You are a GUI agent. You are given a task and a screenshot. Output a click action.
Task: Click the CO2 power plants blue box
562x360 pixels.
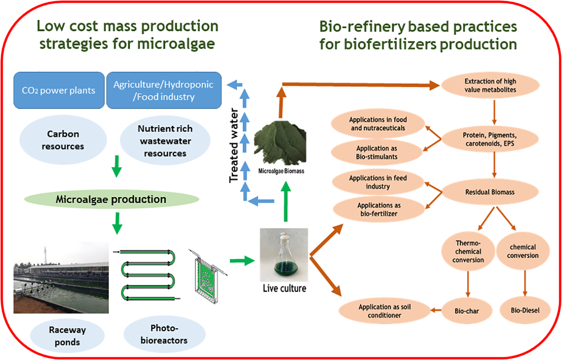(59, 90)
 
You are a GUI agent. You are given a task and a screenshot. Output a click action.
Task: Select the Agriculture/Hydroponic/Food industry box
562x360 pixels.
(164, 90)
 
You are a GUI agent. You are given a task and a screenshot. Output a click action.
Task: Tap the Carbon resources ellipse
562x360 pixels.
(63, 140)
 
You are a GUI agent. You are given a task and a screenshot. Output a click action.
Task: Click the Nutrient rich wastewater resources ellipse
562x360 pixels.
(165, 141)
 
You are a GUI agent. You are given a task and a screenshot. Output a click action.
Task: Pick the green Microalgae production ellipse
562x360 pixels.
(111, 199)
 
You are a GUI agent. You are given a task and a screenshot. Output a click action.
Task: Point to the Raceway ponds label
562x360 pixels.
(67, 336)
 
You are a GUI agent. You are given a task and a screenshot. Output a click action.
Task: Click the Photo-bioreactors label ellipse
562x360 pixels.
(164, 334)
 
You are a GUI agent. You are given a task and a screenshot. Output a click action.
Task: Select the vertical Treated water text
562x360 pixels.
(234, 145)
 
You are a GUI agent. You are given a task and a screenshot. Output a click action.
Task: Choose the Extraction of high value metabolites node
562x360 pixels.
(490, 85)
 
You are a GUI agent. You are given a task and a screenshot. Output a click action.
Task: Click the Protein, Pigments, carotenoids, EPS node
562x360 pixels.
(490, 139)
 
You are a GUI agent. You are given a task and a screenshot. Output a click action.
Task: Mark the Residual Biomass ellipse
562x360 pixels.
(490, 192)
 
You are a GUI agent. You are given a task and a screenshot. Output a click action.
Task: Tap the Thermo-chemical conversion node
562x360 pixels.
(468, 252)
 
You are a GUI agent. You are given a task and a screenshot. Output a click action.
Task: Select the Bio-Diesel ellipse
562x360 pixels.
(525, 310)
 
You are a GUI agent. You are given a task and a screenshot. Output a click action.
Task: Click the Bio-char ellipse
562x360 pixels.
(467, 311)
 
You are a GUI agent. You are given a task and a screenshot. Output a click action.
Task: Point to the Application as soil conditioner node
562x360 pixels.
(384, 311)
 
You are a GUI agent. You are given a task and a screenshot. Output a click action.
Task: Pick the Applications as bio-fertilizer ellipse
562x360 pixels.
(379, 210)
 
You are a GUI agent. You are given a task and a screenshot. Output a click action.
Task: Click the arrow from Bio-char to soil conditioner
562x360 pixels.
(436, 310)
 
